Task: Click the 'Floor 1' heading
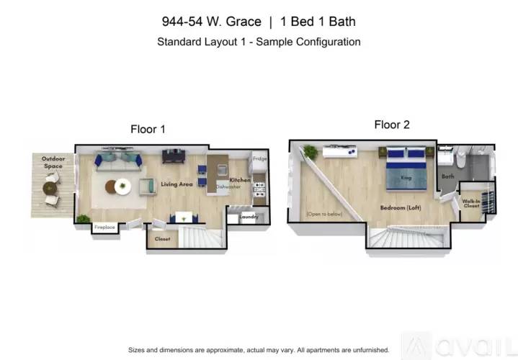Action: pos(148,130)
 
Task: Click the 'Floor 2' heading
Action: pos(392,125)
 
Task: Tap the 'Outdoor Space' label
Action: pos(52,162)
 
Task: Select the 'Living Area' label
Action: pos(177,184)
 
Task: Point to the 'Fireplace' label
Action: pos(104,228)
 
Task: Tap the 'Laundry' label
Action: pos(249,216)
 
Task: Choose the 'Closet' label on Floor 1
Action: pos(163,238)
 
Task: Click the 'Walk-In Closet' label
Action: pos(471,204)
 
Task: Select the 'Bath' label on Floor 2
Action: pos(448,176)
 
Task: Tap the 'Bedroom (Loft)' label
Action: pos(401,207)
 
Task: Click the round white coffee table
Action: pos(123,186)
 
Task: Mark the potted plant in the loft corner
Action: pos(311,151)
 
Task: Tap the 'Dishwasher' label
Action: pos(228,187)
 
